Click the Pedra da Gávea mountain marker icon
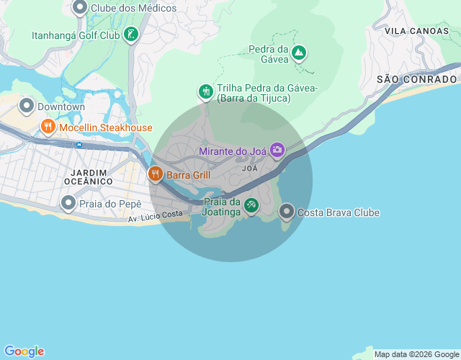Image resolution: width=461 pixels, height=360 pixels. [298, 53]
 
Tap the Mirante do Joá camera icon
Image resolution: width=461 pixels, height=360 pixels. [277, 150]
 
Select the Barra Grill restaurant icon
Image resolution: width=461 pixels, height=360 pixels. [155, 174]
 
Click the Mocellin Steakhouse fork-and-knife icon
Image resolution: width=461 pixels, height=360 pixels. [48, 127]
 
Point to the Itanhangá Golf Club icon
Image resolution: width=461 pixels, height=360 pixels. [130, 35]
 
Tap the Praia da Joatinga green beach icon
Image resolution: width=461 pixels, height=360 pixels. [251, 206]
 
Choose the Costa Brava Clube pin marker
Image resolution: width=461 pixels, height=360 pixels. [287, 212]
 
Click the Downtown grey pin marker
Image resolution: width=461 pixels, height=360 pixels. [27, 107]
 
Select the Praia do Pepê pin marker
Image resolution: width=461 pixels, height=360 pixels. [68, 204]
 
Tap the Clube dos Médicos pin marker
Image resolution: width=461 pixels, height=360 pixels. [80, 8]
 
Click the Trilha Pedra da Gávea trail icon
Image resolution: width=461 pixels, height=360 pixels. [206, 91]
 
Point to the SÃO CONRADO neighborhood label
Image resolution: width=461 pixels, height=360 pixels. [418, 78]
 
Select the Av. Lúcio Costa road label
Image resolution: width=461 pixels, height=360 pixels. [156, 215]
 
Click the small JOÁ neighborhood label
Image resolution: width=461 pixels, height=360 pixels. [250, 168]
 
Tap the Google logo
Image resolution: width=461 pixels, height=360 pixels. [24, 351]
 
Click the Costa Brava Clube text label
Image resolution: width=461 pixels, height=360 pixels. [339, 212]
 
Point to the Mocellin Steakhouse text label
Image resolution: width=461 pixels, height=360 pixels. [106, 127]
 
